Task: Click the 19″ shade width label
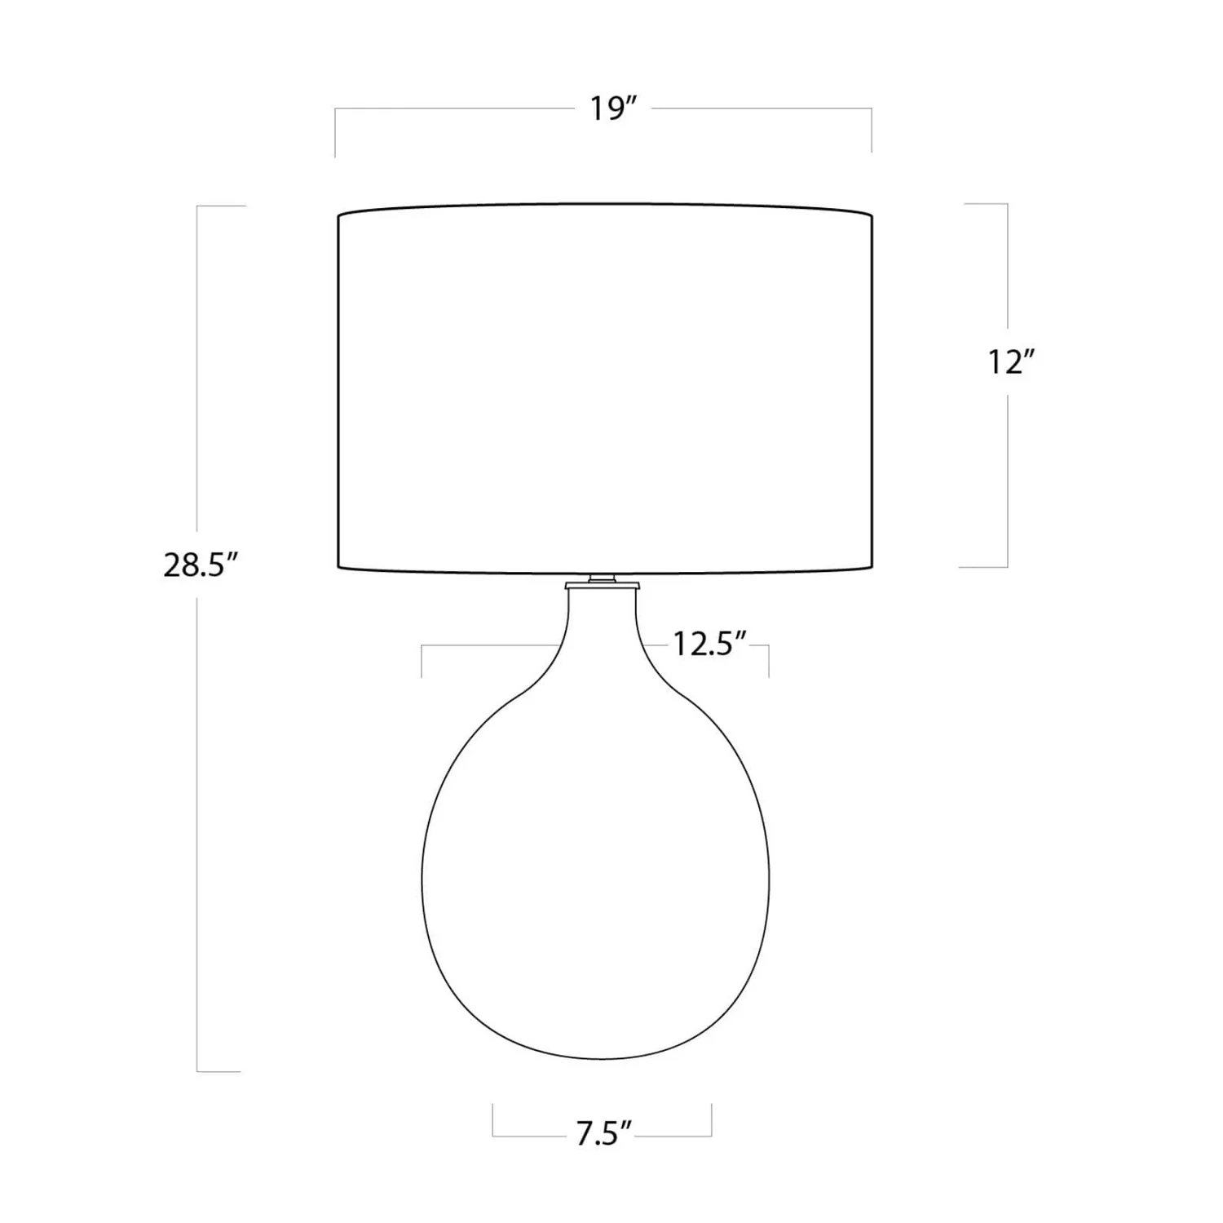coord(612,109)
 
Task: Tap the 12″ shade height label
coord(1011,362)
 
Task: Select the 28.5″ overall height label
coord(200,565)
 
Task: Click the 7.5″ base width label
coord(604,1134)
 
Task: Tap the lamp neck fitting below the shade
coord(602,581)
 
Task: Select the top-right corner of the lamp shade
coord(872,216)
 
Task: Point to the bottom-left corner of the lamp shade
coord(338,566)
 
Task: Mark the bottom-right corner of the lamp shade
coord(872,566)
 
